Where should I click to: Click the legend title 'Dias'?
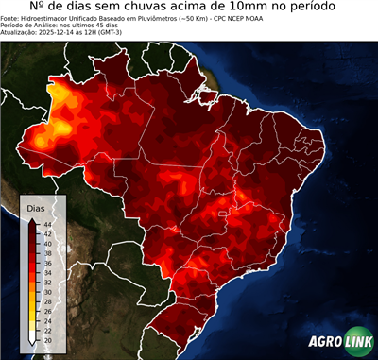click(35, 206)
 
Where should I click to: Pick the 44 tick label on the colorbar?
click(46, 224)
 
